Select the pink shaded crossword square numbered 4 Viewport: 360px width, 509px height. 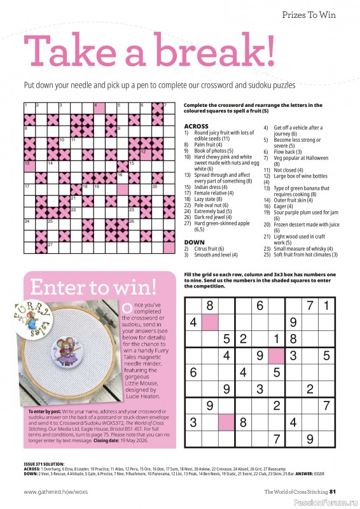[x=99, y=108]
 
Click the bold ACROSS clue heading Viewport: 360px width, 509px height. [x=195, y=127]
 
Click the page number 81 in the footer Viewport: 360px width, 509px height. [x=341, y=491]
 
